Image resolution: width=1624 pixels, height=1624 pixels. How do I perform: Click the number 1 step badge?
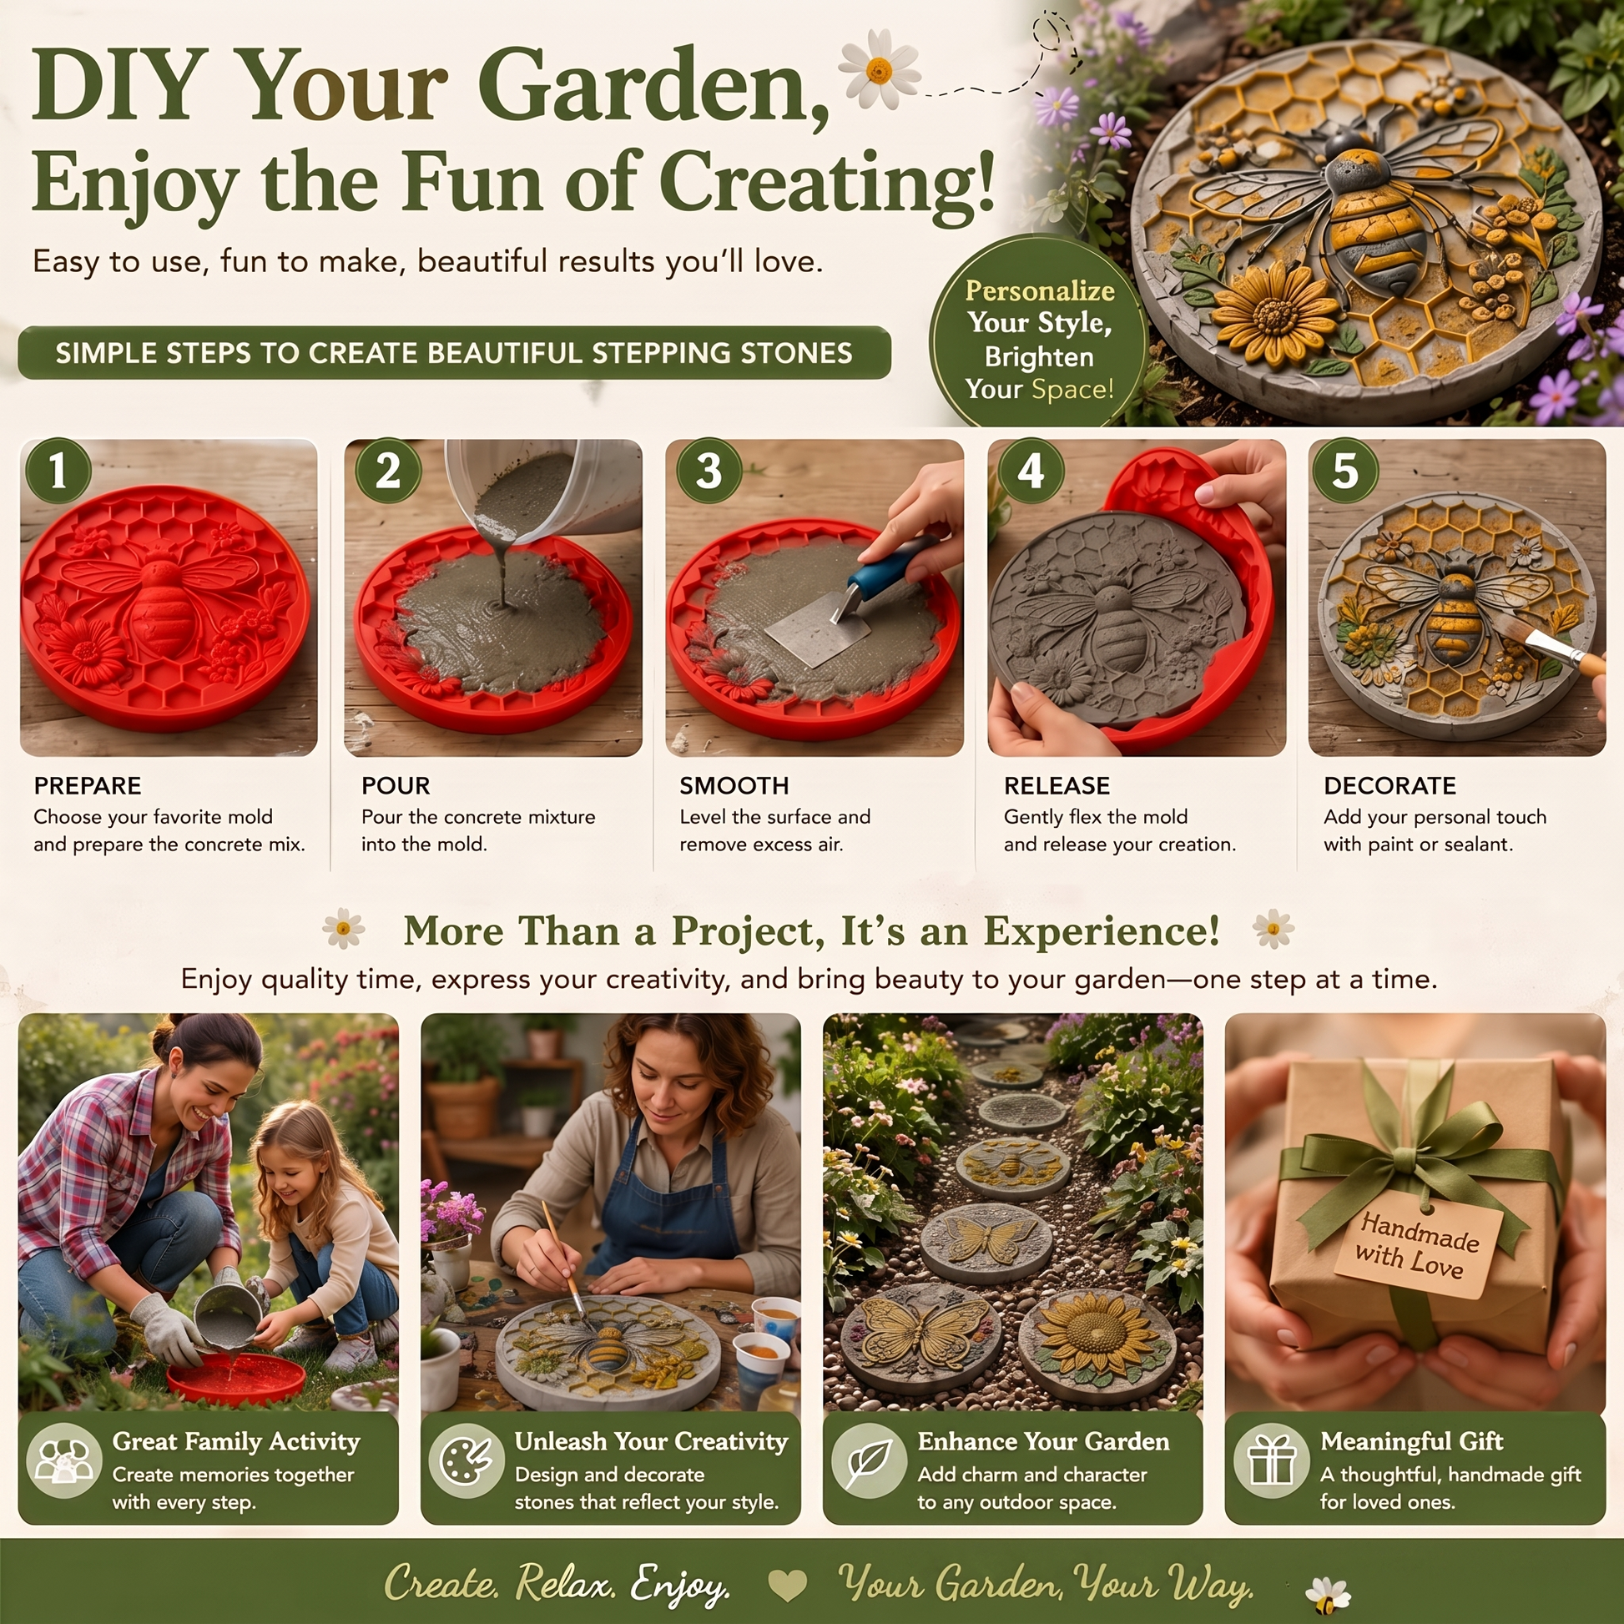(x=58, y=471)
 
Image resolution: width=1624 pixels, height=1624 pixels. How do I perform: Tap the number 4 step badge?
(x=1031, y=471)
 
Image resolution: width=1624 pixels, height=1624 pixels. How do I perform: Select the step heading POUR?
(x=396, y=785)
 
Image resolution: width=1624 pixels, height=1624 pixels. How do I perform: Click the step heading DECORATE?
(x=1389, y=785)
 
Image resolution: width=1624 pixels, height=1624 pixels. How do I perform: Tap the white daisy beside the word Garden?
(x=880, y=69)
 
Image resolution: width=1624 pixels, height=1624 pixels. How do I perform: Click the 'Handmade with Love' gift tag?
(x=1418, y=1247)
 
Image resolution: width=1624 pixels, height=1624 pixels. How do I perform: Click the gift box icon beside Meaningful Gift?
(x=1272, y=1460)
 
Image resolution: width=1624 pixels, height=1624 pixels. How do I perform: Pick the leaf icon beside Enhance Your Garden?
(x=869, y=1461)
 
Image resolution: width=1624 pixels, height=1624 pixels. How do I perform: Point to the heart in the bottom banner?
(x=788, y=1586)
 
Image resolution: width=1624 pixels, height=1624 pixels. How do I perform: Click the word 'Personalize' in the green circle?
(x=1040, y=290)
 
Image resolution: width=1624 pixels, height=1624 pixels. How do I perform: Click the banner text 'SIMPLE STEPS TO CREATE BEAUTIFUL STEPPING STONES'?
(x=454, y=353)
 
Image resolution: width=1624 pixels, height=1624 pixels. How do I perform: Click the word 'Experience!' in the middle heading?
(x=1101, y=931)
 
